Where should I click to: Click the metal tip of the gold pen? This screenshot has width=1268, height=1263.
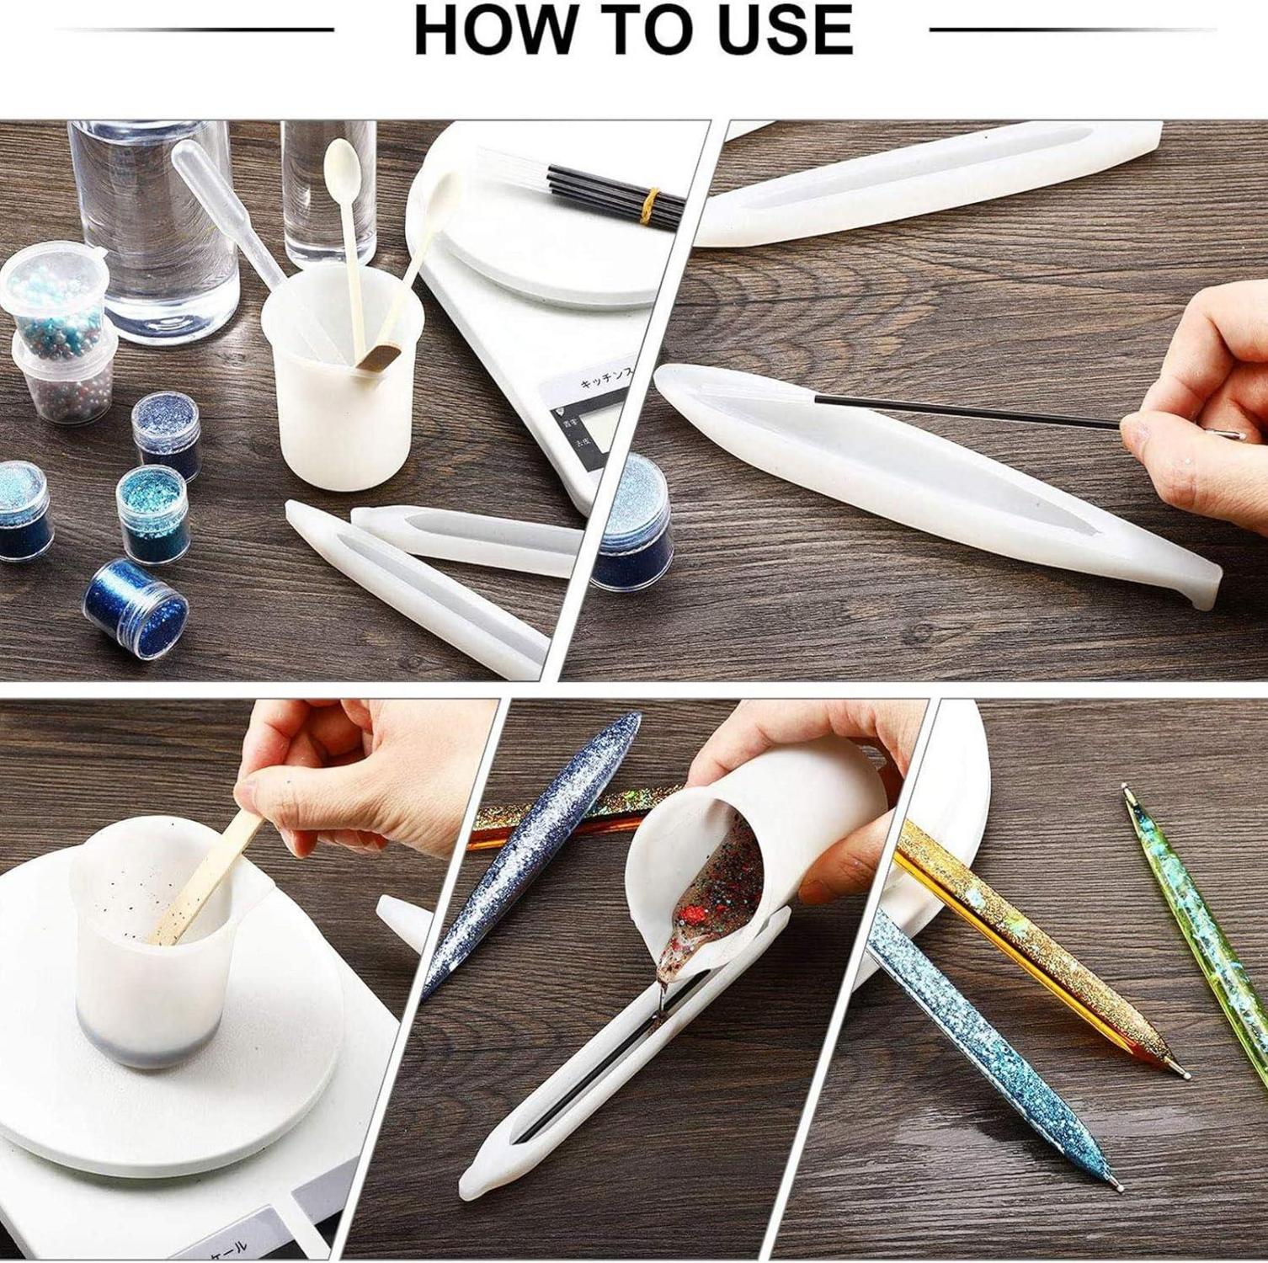coord(1182,1074)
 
